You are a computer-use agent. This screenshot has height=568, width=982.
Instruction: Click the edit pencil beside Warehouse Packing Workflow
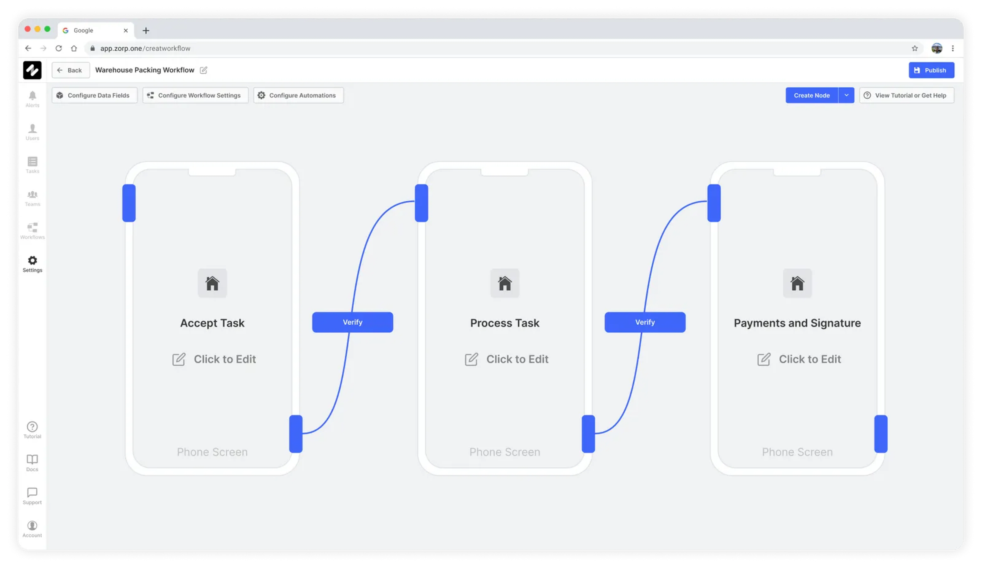coord(203,70)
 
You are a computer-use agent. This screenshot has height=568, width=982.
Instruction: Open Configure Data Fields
coord(94,95)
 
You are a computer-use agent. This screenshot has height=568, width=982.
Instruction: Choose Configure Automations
coord(298,95)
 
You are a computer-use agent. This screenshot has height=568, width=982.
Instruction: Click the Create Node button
coord(812,95)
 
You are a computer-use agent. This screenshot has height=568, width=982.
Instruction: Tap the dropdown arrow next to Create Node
coord(846,95)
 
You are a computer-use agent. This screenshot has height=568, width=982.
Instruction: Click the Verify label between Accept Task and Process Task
coord(353,322)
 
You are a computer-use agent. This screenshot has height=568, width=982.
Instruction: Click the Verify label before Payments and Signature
coord(645,322)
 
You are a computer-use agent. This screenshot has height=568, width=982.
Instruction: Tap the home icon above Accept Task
coord(212,283)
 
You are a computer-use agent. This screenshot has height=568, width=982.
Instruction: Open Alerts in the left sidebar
coord(32,99)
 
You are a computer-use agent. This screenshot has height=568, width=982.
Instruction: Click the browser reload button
coord(59,48)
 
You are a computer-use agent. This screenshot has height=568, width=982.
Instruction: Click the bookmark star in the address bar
coord(915,48)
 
